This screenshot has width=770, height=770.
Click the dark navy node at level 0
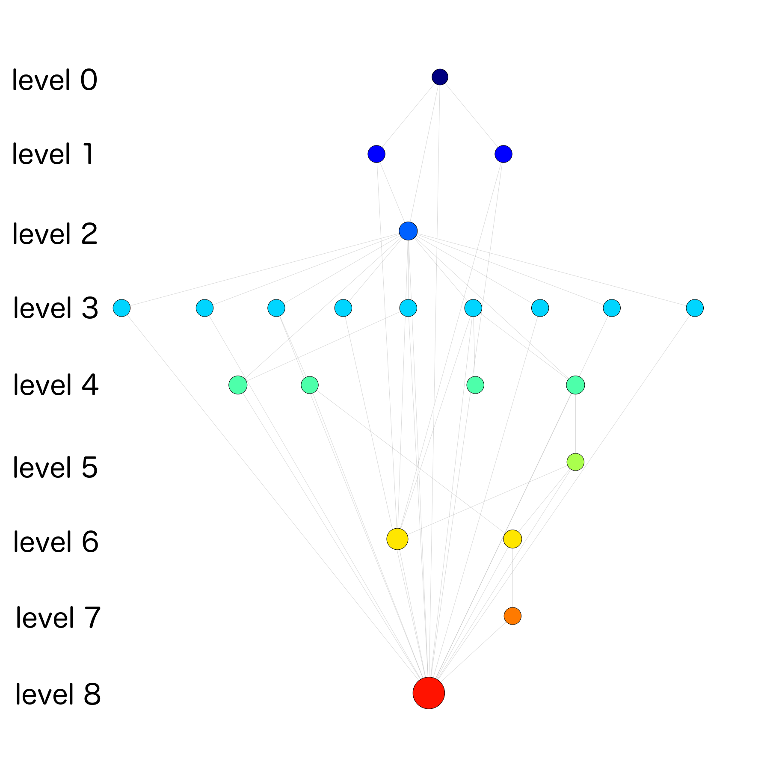pyautogui.click(x=440, y=77)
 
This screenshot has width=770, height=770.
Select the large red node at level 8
pyautogui.click(x=429, y=693)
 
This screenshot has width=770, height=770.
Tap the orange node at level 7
pyautogui.click(x=512, y=616)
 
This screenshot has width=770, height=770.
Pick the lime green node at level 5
pyautogui.click(x=575, y=462)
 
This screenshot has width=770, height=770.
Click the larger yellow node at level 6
pyautogui.click(x=397, y=539)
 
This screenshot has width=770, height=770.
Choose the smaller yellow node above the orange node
pyautogui.click(x=512, y=539)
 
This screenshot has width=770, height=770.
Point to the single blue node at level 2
pyautogui.click(x=408, y=231)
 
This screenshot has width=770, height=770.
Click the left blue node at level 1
pyautogui.click(x=376, y=154)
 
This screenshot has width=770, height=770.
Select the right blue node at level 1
pyautogui.click(x=503, y=154)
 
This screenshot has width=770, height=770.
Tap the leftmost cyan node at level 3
pyautogui.click(x=121, y=308)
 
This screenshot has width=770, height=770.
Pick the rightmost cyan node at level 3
pyautogui.click(x=695, y=308)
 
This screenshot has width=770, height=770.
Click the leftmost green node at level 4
pyautogui.click(x=238, y=385)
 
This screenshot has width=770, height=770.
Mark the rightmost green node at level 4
pyautogui.click(x=575, y=385)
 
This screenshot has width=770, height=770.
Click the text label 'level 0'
pyautogui.click(x=55, y=80)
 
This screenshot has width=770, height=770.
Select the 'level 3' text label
pyautogui.click(x=56, y=308)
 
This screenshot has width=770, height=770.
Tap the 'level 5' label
pyautogui.click(x=56, y=468)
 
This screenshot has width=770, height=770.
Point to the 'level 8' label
pyautogui.click(x=58, y=694)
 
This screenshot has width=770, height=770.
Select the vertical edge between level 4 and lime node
pyautogui.click(x=575, y=423)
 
